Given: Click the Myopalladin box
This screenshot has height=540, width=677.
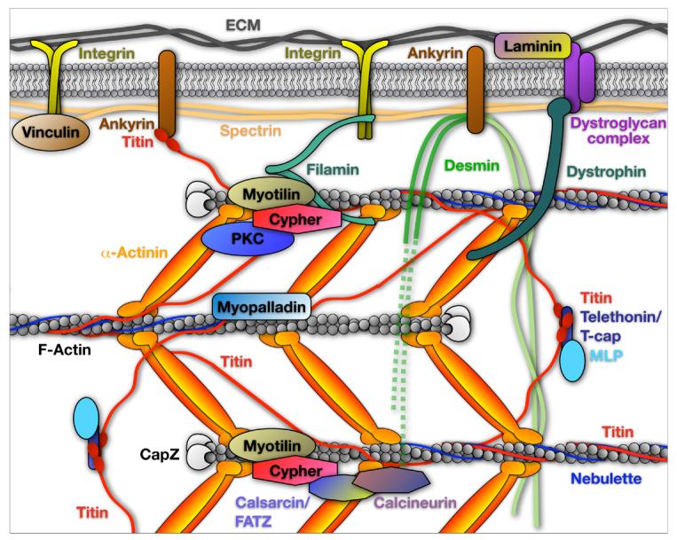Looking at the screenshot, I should click(261, 307).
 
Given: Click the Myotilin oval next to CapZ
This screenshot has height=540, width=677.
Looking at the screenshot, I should click(270, 443).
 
